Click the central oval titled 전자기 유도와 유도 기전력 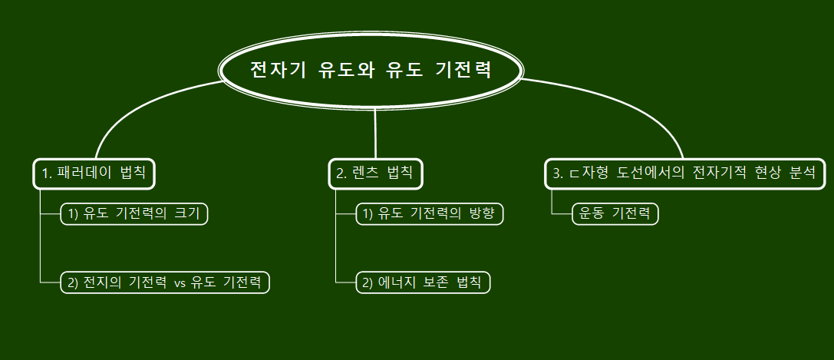coord(371,70)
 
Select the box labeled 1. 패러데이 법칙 coord(94,173)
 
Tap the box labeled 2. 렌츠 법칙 coord(375,173)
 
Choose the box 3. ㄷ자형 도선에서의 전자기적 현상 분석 coord(685,173)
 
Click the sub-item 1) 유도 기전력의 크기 coord(134,213)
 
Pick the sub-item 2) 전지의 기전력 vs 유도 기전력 coord(165,282)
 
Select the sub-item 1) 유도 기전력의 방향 coord(430,213)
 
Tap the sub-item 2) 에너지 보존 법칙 coord(423,282)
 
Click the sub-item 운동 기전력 coord(615,213)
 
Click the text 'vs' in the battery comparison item coord(180,283)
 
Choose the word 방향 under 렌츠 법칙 coord(482,213)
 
